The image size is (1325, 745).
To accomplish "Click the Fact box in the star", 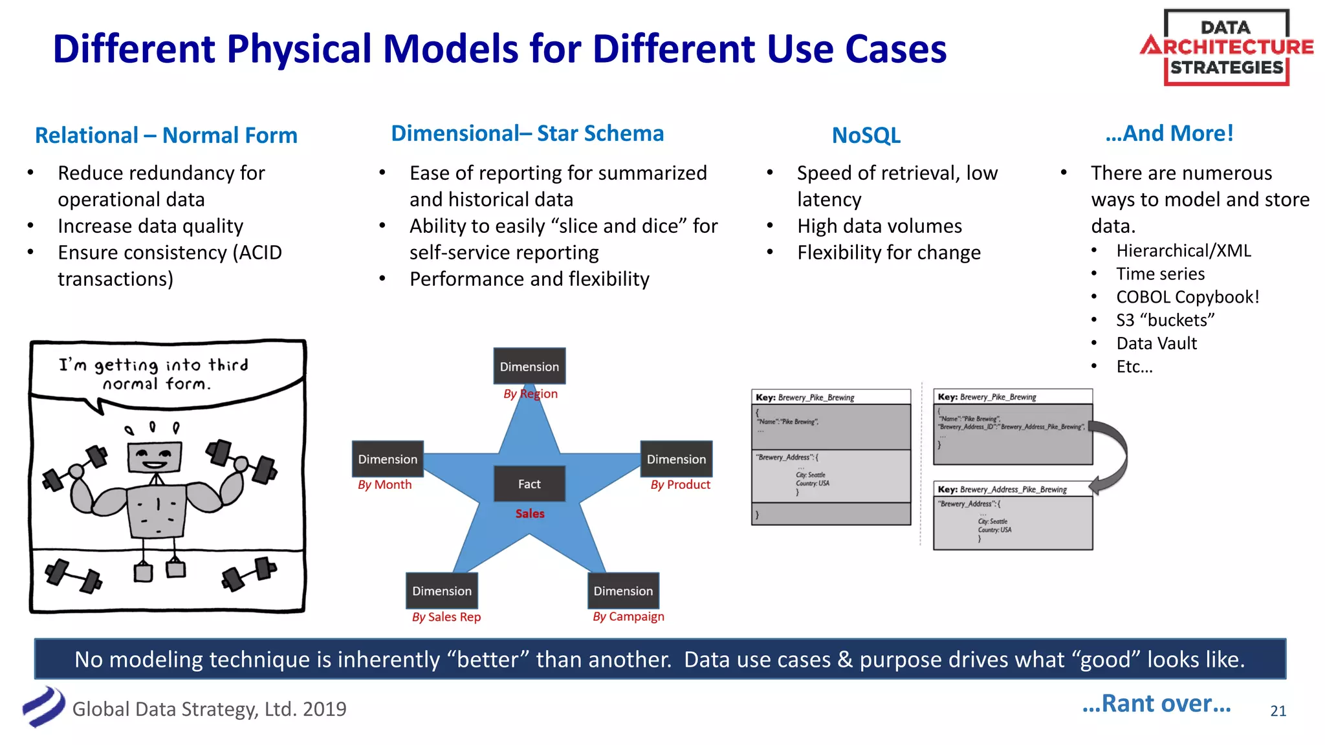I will pyautogui.click(x=529, y=484).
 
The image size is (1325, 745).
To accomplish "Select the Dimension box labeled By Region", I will pyautogui.click(x=529, y=366).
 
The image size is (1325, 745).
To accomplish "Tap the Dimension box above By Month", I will pyautogui.click(x=388, y=459).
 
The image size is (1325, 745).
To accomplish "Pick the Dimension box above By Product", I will pyautogui.click(x=676, y=459).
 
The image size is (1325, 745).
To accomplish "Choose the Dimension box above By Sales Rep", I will pyautogui.click(x=442, y=590).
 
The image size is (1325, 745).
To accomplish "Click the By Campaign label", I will pyautogui.click(x=628, y=617).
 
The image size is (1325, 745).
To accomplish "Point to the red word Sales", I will pyautogui.click(x=530, y=513).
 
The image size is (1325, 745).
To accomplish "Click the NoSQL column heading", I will pyautogui.click(x=866, y=135).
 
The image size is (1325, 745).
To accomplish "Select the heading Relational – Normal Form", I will pyautogui.click(x=166, y=135).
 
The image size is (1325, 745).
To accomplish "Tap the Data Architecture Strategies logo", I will pyautogui.click(x=1226, y=47).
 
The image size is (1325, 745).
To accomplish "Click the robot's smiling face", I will pyautogui.click(x=154, y=457).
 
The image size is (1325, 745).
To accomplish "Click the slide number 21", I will pyautogui.click(x=1278, y=711).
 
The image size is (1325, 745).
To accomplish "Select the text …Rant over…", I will pyautogui.click(x=1156, y=703).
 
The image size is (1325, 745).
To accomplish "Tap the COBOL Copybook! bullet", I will pyautogui.click(x=1187, y=297).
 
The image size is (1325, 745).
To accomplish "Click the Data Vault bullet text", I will pyautogui.click(x=1156, y=343).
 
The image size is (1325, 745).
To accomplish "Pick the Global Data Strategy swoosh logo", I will pyautogui.click(x=43, y=707).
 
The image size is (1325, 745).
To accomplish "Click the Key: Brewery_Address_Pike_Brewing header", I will pyautogui.click(x=1012, y=490).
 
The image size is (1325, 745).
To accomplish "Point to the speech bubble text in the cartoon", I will pyautogui.click(x=154, y=374).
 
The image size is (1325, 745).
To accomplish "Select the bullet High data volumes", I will pyautogui.click(x=879, y=226).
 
